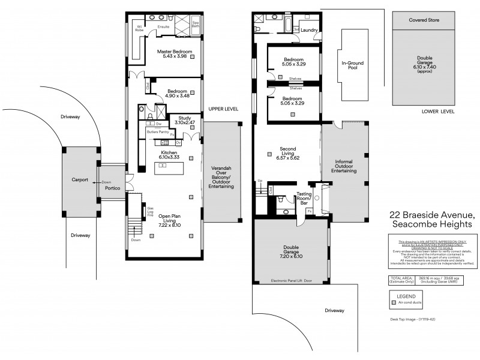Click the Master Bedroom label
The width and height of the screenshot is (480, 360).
174,52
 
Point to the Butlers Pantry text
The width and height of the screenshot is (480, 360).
157,131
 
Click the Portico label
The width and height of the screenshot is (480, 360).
113,188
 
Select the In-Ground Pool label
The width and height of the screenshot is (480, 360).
349,65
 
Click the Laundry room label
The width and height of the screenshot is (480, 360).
309,30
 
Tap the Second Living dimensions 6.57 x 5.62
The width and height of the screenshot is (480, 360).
287,158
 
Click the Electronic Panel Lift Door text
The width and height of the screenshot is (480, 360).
292,281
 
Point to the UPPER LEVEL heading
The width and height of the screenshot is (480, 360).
223,109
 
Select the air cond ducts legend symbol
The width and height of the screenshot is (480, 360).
394,304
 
